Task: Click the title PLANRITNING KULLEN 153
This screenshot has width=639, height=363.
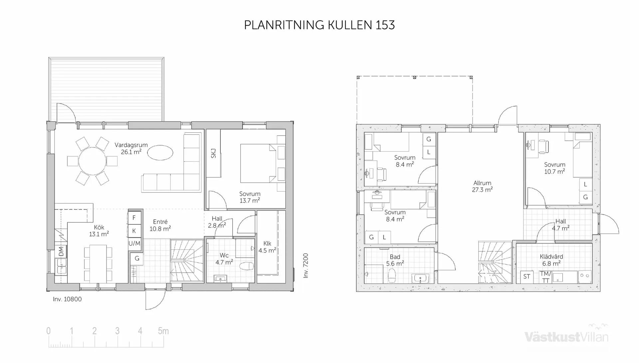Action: (x=319, y=25)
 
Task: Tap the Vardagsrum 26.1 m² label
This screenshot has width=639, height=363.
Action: (x=131, y=148)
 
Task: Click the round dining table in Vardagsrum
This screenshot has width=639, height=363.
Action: (x=92, y=161)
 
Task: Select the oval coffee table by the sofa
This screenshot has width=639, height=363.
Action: (x=160, y=153)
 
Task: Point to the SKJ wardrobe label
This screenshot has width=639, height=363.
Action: (x=213, y=153)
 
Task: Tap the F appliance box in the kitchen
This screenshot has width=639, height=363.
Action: (x=134, y=218)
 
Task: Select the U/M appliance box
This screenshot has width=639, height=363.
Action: (x=134, y=243)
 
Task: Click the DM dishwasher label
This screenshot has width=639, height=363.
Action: (x=61, y=251)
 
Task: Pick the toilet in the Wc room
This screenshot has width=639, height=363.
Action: (x=247, y=266)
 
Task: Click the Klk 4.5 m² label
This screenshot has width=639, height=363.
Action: (x=267, y=247)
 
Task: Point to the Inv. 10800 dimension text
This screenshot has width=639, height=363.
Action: (x=67, y=299)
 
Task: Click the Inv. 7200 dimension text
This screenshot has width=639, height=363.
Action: (x=306, y=266)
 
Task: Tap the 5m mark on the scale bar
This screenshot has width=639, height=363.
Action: (x=163, y=331)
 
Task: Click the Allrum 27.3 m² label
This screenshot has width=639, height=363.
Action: (x=482, y=186)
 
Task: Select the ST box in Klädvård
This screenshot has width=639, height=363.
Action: (x=527, y=277)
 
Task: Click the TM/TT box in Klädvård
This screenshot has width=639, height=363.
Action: (x=545, y=277)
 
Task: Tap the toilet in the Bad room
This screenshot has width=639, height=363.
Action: (x=392, y=276)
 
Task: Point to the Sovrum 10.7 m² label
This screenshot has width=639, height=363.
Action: (x=554, y=168)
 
